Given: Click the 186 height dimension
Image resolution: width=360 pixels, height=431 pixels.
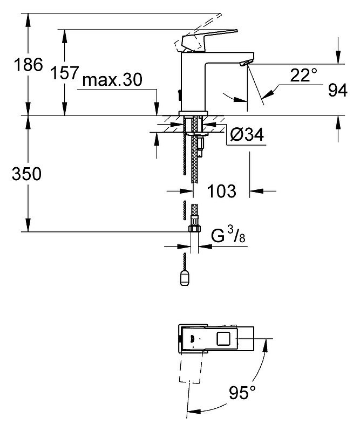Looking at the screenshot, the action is [x=28, y=65].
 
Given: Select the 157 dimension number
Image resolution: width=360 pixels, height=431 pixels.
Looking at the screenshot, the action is [x=65, y=73].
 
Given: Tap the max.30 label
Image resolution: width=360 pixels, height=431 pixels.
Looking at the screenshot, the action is [x=112, y=80].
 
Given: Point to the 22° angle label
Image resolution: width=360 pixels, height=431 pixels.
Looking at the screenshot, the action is [x=303, y=75].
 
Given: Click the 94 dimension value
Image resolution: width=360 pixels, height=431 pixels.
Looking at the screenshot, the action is [x=338, y=90].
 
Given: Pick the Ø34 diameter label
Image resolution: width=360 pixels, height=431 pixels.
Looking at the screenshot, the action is [x=247, y=134].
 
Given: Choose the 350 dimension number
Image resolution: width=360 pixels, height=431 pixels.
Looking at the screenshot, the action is [x=26, y=174].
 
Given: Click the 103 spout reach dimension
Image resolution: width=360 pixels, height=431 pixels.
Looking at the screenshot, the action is [x=221, y=191].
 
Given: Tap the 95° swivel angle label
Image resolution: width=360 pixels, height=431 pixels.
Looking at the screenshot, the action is [x=242, y=392].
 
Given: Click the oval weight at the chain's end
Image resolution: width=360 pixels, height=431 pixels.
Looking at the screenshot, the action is [x=184, y=279].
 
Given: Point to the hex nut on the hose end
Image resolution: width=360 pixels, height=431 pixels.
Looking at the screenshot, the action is [x=194, y=228].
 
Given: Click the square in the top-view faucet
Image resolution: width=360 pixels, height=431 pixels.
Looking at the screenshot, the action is [x=224, y=338].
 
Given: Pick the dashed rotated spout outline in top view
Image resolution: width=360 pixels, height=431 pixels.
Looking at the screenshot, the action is [x=191, y=366].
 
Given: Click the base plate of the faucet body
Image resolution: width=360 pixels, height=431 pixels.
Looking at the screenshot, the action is [x=194, y=113].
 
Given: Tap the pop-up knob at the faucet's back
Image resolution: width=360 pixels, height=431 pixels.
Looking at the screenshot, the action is [x=179, y=95].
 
